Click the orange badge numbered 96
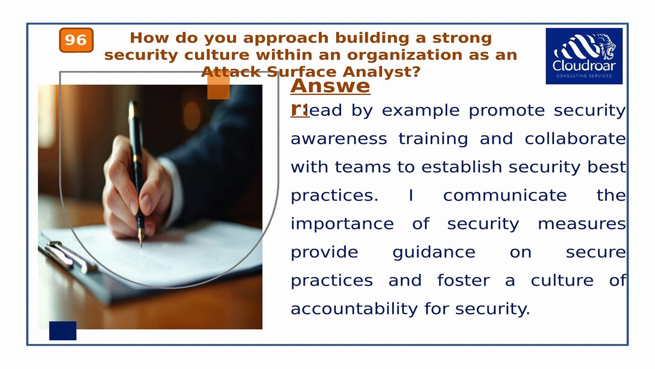76,40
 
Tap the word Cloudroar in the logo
584,66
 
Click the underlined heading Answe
330,86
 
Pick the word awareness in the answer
339,139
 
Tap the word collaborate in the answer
575,139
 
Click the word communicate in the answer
505,195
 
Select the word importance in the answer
342,224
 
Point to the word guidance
433,252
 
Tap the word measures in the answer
581,224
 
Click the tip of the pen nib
141,245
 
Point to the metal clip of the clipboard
67,254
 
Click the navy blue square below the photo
62,331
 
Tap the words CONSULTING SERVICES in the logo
584,76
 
